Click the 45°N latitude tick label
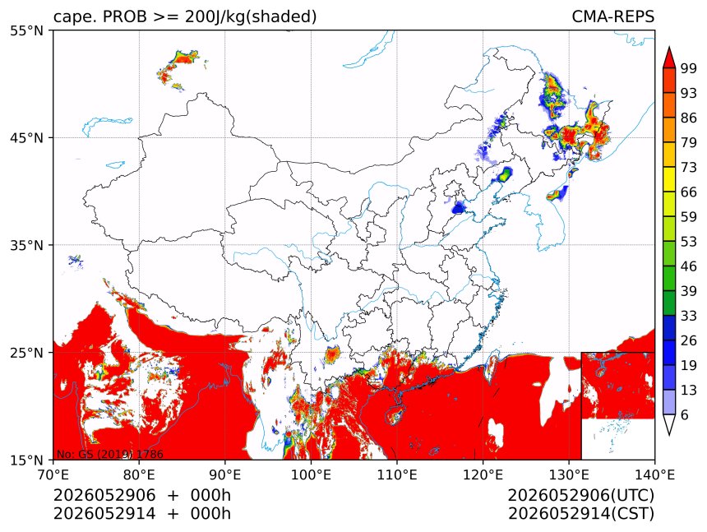(26, 137)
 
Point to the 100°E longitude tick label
(311, 474)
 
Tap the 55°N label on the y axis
(26, 30)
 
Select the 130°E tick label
(569, 474)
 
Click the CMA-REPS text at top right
(612, 16)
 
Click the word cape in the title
(70, 17)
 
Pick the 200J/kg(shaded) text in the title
(251, 17)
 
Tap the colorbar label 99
(689, 68)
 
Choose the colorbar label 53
(689, 242)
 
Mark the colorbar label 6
(685, 414)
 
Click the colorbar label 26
(689, 340)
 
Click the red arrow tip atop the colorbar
(669, 48)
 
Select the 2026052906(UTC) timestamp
(580, 495)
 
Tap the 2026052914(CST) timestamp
(580, 514)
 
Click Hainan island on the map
(395, 414)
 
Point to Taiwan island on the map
(492, 368)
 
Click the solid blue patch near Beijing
(459, 208)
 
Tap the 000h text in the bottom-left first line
(210, 495)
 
